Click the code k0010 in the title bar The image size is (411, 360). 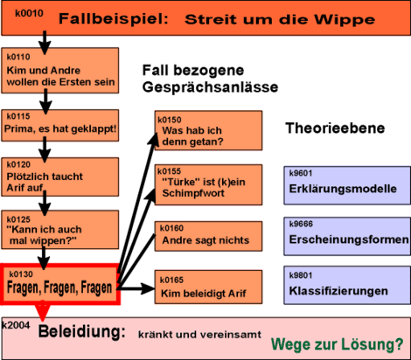pos(29,13)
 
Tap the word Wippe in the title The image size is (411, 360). pos(345,20)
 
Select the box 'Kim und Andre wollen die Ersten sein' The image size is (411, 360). pos(60,71)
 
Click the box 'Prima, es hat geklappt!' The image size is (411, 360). pos(60,125)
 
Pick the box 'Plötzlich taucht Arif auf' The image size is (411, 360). pos(60,177)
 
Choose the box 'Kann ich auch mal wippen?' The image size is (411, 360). pos(60,230)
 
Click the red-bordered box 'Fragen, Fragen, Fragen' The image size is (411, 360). pos(60,284)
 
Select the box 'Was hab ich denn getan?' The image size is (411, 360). pos(208,130)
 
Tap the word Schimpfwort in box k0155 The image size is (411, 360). pos(193,193)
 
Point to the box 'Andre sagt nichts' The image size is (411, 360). pos(208,236)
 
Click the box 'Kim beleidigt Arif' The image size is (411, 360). pos(208,287)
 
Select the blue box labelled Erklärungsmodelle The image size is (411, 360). pos(347,185)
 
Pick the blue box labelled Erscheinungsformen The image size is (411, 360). pos(347,237)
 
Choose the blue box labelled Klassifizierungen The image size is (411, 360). pos(347,285)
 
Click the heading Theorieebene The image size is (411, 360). pos(335,128)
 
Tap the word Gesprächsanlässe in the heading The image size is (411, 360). pos(210,87)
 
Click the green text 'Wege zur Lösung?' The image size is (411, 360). pos(338,344)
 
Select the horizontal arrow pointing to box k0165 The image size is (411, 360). pos(136,288)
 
